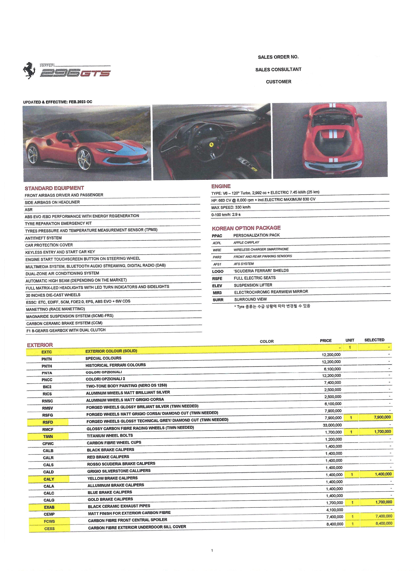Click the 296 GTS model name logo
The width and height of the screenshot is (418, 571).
click(x=75, y=73)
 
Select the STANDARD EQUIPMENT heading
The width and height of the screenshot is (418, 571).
click(x=54, y=188)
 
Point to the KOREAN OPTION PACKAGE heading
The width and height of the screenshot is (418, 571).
click(x=246, y=228)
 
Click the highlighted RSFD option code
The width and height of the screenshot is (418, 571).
click(x=48, y=422)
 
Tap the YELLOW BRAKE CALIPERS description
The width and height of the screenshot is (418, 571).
click(x=112, y=478)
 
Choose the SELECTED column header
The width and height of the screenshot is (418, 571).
click(x=374, y=340)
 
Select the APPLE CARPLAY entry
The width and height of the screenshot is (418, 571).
click(x=246, y=242)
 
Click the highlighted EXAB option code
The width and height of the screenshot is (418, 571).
click(x=49, y=507)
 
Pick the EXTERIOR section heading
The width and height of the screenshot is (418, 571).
click(x=40, y=345)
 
